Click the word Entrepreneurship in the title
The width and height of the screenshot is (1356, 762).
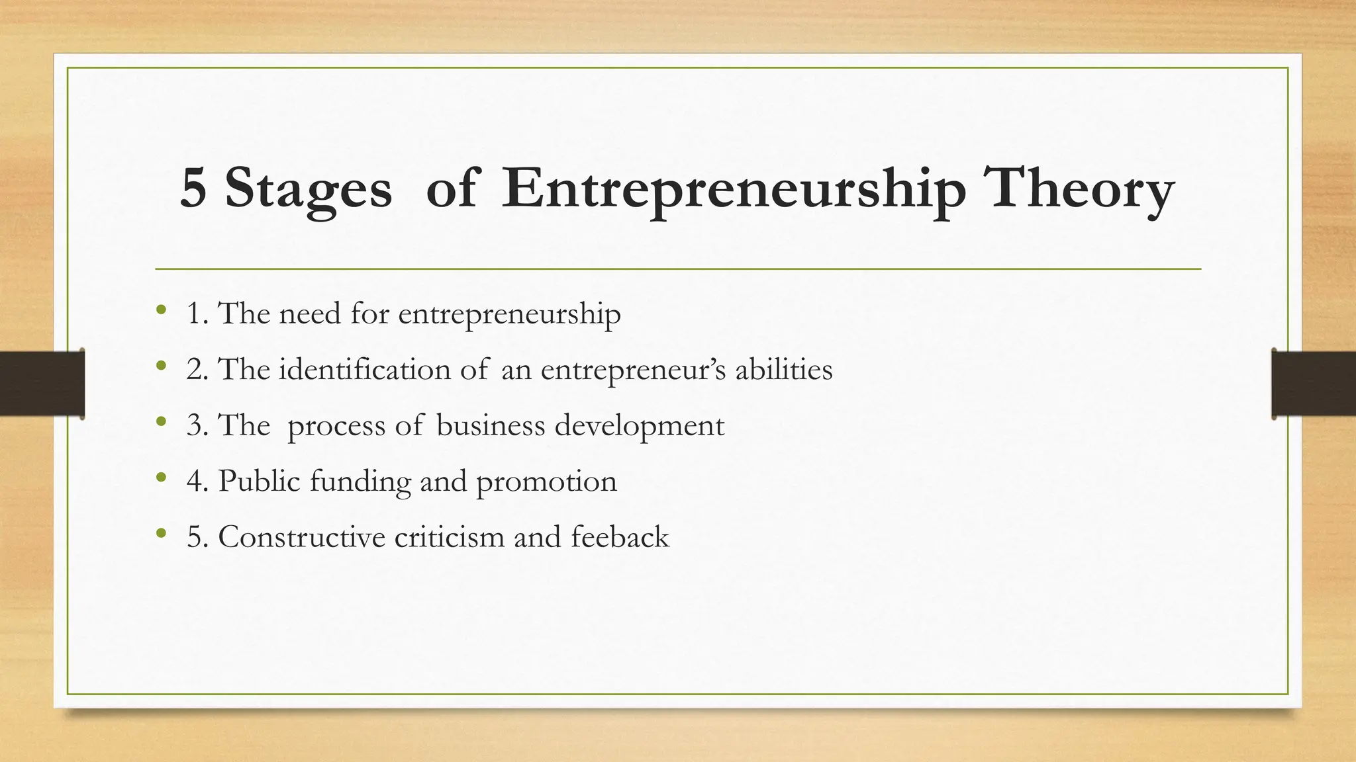[733, 190]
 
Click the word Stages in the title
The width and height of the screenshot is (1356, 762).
[308, 190]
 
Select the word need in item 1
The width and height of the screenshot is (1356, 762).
[309, 313]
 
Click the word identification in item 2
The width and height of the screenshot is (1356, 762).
[364, 368]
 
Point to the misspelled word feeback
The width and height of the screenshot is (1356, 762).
[620, 536]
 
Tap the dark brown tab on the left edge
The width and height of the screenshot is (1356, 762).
[42, 384]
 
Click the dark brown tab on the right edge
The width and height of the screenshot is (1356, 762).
[1314, 384]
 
